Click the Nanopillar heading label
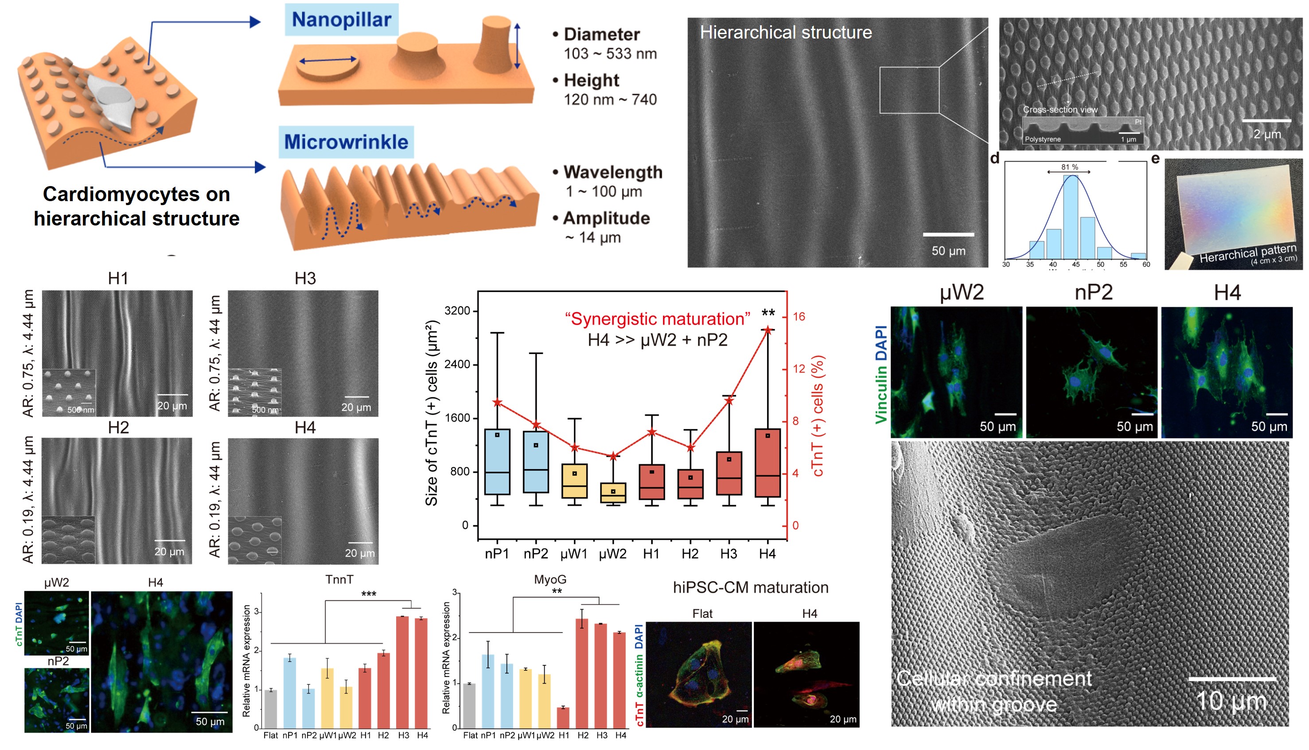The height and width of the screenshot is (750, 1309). [x=341, y=19]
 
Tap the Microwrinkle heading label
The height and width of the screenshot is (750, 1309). [x=346, y=142]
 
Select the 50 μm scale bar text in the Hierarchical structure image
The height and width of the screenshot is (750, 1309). [x=948, y=251]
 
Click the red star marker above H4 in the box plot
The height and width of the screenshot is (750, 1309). [x=767, y=330]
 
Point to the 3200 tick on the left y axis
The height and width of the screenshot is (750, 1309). [x=457, y=311]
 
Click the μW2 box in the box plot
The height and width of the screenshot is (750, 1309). [x=613, y=493]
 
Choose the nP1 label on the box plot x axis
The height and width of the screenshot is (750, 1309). [x=497, y=554]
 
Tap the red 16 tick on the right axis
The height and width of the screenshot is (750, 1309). [x=799, y=317]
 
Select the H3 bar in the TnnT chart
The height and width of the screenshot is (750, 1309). [x=403, y=672]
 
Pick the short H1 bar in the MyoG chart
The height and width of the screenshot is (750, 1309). [x=564, y=718]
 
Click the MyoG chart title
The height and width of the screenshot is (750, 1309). [x=549, y=579]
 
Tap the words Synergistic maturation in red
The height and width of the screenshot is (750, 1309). [x=657, y=319]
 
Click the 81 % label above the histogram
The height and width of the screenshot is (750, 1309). [x=1069, y=167]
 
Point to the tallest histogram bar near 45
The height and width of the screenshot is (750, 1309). [x=1071, y=216]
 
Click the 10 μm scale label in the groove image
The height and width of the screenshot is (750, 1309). [x=1231, y=700]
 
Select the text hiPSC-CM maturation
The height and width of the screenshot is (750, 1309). [x=751, y=587]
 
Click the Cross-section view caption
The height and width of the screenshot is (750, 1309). [x=1060, y=110]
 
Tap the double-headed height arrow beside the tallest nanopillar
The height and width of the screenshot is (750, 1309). [x=517, y=47]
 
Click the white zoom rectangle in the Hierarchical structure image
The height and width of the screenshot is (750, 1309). [x=909, y=90]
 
